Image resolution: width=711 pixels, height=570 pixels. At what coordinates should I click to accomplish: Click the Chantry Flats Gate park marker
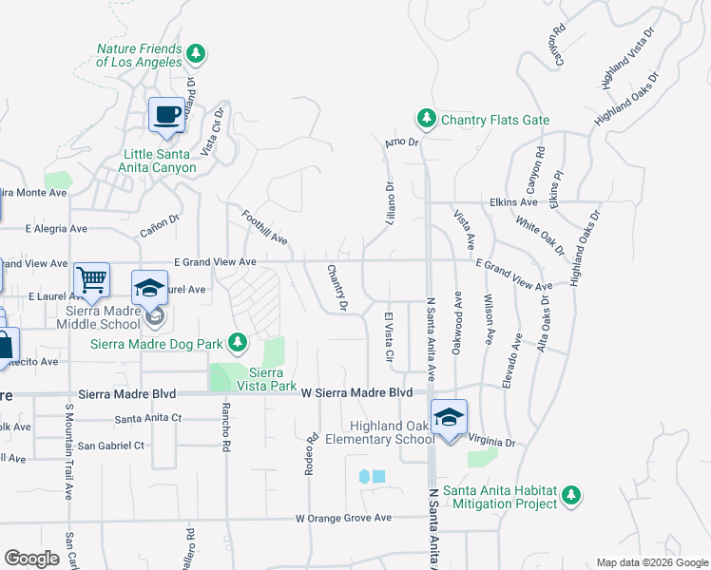(427, 119)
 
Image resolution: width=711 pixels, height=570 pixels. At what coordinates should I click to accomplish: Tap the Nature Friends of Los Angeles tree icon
(197, 53)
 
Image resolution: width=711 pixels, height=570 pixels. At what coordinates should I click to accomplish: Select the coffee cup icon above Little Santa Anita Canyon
(167, 116)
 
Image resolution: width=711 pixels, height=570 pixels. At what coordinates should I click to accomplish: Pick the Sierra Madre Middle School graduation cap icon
(148, 288)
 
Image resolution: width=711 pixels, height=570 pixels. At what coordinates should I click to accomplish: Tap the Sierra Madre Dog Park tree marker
(243, 343)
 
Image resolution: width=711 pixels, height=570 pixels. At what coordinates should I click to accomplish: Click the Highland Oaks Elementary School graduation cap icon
(449, 417)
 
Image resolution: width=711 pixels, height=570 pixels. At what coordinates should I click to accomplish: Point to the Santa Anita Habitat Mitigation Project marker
(571, 495)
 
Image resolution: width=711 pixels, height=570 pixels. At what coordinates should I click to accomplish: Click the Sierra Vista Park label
(273, 379)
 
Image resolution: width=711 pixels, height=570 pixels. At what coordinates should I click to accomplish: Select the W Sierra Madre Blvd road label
(356, 392)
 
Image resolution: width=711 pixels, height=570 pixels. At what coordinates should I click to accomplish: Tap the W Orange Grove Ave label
(343, 519)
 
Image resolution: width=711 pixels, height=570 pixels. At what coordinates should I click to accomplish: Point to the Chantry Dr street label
(336, 287)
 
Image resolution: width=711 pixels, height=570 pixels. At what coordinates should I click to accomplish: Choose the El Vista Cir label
(389, 337)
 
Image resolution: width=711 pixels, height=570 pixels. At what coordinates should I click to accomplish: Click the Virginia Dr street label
(491, 443)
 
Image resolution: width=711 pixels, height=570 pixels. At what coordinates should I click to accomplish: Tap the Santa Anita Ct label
(147, 418)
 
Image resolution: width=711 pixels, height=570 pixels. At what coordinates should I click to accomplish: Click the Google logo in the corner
(31, 559)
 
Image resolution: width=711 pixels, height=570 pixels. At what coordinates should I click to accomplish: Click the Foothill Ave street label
(264, 228)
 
